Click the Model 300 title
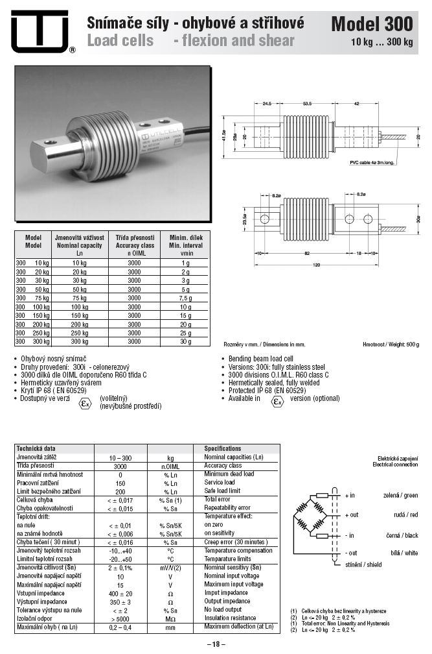coord(371,25)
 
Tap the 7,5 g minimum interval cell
coord(185,298)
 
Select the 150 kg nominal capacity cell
coord(80,315)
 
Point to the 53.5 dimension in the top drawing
coord(307,103)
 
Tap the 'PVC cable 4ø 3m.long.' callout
coord(373,163)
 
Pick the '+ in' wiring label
coord(350,496)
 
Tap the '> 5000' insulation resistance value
coord(120,619)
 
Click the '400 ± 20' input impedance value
coord(120,593)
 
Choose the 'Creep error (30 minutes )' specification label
coord(235,542)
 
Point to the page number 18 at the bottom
coord(216,644)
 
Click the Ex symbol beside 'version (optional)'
coord(277,402)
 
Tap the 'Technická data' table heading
coord(36,448)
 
